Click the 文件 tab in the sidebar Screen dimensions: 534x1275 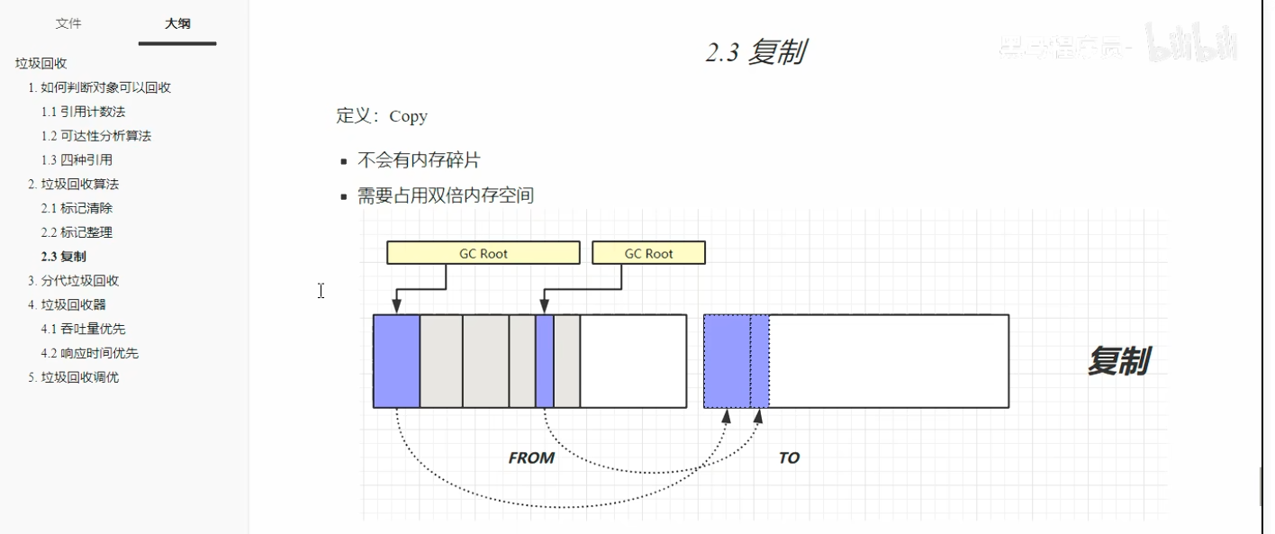tap(68, 23)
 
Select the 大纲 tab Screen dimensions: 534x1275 tap(177, 23)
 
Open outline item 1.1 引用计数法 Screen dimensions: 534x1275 tap(83, 112)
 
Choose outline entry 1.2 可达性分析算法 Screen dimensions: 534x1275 tap(95, 136)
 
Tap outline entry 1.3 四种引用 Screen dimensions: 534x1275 tap(77, 160)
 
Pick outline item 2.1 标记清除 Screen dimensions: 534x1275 tap(77, 208)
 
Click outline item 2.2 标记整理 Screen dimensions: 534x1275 tap(77, 232)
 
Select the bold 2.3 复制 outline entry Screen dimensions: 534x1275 tap(64, 257)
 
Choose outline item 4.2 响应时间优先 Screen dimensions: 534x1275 tap(89, 353)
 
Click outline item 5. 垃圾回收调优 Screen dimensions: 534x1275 tap(73, 377)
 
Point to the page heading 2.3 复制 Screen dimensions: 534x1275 tap(755, 53)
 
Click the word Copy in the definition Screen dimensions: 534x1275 tap(408, 116)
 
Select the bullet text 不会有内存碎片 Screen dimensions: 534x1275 tap(419, 160)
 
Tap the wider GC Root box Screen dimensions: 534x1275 tap(483, 253)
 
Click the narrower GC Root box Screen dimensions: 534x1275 tap(648, 253)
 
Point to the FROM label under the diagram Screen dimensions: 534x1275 tap(531, 457)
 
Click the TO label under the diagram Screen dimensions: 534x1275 tap(789, 457)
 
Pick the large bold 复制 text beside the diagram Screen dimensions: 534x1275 tap(1117, 361)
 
